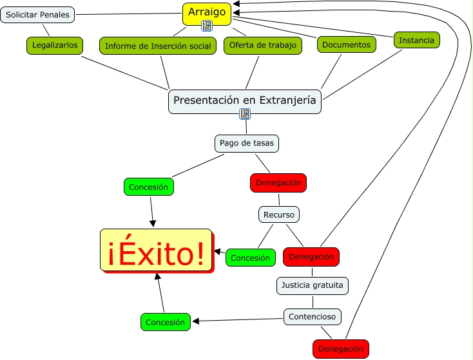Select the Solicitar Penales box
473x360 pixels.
click(37, 14)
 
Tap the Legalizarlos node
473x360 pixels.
click(55, 45)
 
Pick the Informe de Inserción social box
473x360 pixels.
click(158, 46)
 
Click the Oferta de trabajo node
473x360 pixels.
click(263, 45)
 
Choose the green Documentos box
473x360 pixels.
click(347, 44)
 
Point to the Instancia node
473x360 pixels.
click(416, 40)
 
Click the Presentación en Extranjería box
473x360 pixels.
click(245, 100)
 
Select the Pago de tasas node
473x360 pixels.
click(247, 143)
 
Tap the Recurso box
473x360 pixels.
click(279, 214)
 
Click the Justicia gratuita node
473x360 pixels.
click(313, 285)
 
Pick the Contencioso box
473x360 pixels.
click(312, 316)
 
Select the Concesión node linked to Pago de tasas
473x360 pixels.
click(148, 187)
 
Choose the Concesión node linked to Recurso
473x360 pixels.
click(250, 258)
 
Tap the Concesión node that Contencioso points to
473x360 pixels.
click(165, 322)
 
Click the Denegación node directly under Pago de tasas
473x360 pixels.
click(278, 183)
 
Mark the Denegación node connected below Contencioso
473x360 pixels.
click(341, 349)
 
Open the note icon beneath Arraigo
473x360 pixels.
click(207, 26)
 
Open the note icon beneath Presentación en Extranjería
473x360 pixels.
click(245, 115)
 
